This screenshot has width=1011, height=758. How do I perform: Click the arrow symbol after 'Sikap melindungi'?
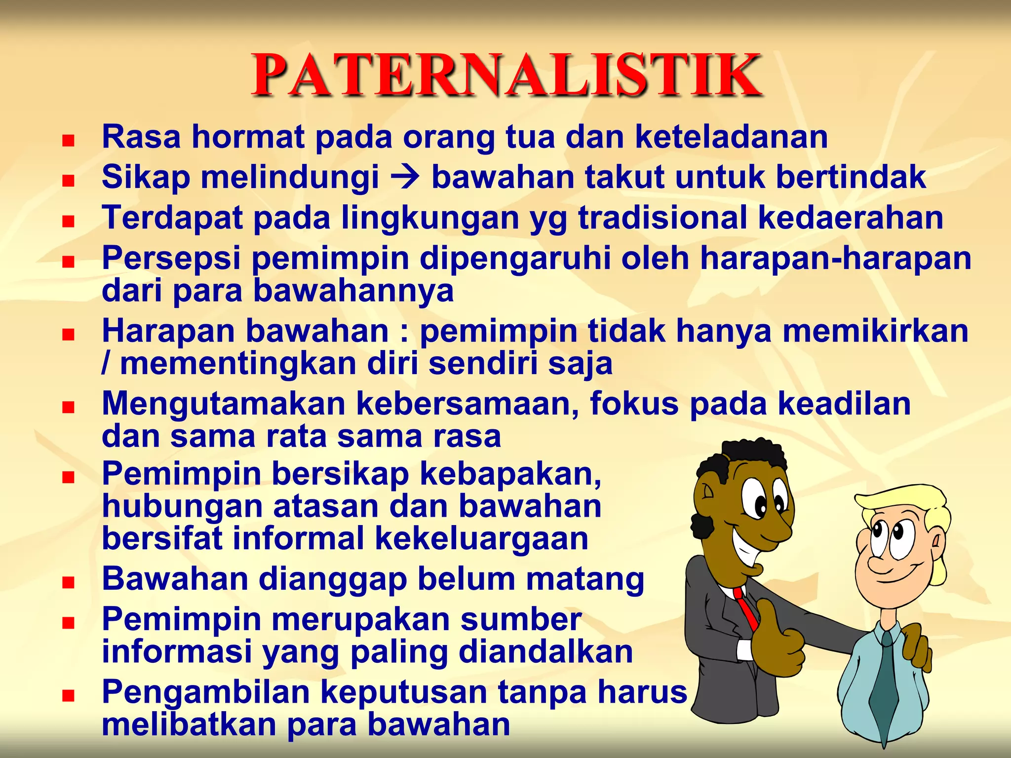pos(405,178)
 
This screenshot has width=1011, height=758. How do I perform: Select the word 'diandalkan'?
pos(545,652)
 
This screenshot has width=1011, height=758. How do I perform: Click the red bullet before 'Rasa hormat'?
pos(68,141)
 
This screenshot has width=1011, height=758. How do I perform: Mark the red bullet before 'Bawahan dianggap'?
pos(68,583)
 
